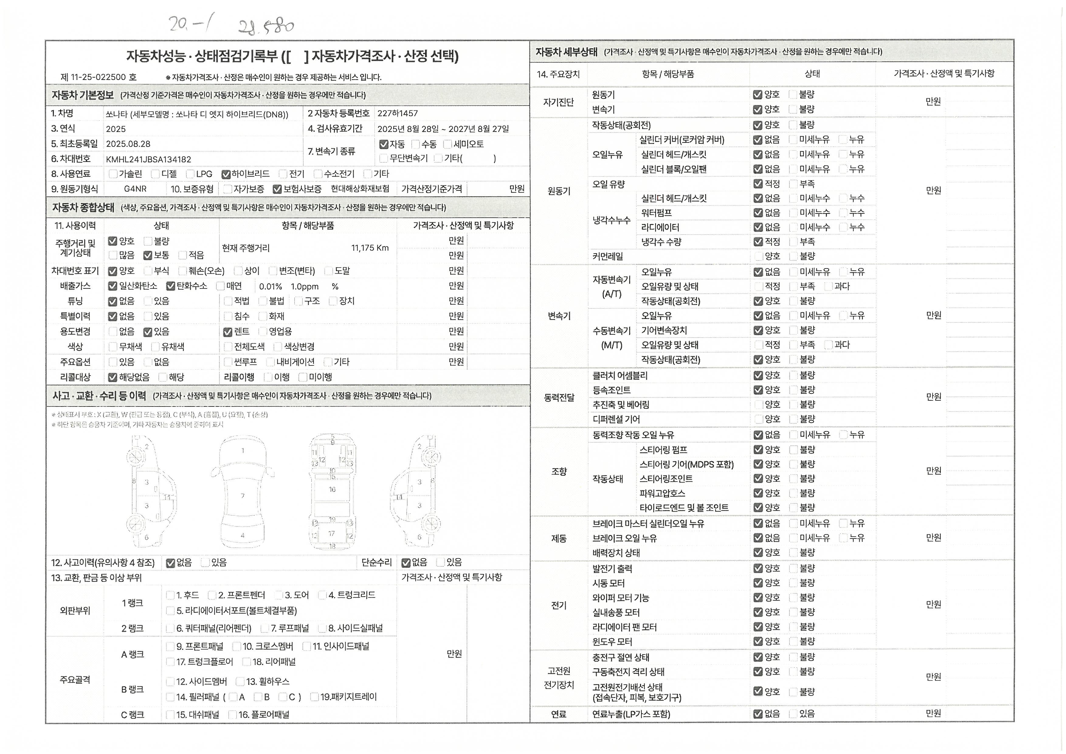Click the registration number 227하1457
coord(397,113)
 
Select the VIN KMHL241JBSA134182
coord(148,159)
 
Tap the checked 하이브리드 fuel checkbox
coord(226,175)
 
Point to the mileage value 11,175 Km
coord(370,248)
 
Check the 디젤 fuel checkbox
coord(155,174)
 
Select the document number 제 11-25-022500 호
coord(98,77)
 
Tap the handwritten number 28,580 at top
coord(266,26)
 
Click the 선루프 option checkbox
coord(227,362)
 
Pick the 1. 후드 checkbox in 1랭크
coord(170,596)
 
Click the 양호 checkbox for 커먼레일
coord(759,256)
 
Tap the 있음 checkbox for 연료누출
coord(793,714)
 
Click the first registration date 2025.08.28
coord(128,144)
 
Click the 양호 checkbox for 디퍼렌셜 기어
coord(759,419)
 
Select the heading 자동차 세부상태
coord(566,52)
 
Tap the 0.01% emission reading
coord(270,286)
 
